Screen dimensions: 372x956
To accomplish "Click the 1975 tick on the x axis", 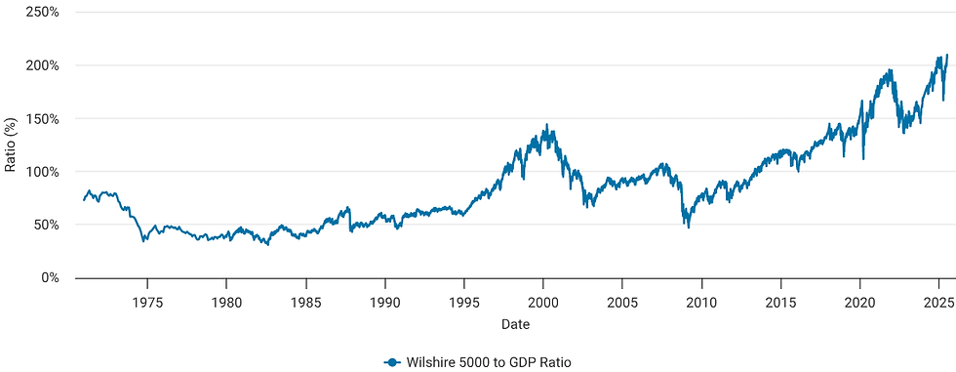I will pyautogui.click(x=147, y=302).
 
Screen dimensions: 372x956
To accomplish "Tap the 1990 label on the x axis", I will pyautogui.click(x=384, y=302).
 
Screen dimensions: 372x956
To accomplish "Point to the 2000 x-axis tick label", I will pyautogui.click(x=543, y=302).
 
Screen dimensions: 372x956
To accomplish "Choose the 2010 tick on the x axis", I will pyautogui.click(x=701, y=302).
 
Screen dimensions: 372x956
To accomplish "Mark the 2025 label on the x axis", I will pyautogui.click(x=938, y=302).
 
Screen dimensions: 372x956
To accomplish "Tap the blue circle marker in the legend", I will pyautogui.click(x=392, y=361).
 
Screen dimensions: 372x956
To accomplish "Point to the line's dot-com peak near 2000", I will pyautogui.click(x=546, y=125).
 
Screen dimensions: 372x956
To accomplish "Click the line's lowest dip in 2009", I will pyautogui.click(x=688, y=227).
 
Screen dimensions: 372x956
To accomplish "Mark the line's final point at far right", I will pyautogui.click(x=947, y=55).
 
